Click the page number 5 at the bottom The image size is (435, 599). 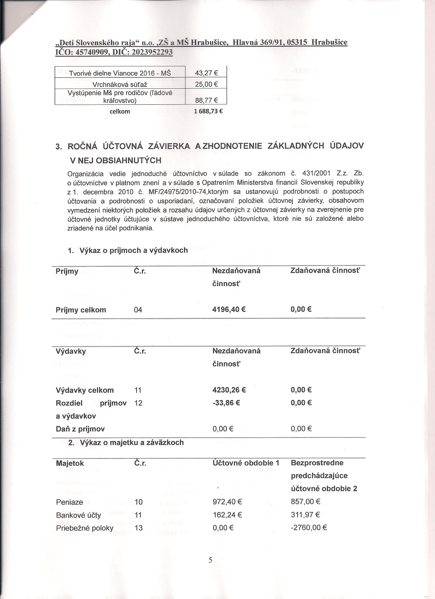210,567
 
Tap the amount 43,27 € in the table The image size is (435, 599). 206,73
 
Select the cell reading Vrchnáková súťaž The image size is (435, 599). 120,85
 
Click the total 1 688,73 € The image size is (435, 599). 208,111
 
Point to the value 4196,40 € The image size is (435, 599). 229,309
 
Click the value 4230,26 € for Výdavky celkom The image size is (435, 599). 229,390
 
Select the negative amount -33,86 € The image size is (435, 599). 226,403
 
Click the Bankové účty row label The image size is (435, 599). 78,515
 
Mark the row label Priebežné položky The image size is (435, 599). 85,528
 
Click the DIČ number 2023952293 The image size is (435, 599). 152,52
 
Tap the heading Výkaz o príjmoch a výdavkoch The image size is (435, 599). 134,250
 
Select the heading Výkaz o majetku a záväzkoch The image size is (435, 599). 132,442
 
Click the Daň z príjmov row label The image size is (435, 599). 80,429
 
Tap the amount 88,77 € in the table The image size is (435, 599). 206,101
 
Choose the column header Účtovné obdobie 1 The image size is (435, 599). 246,463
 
